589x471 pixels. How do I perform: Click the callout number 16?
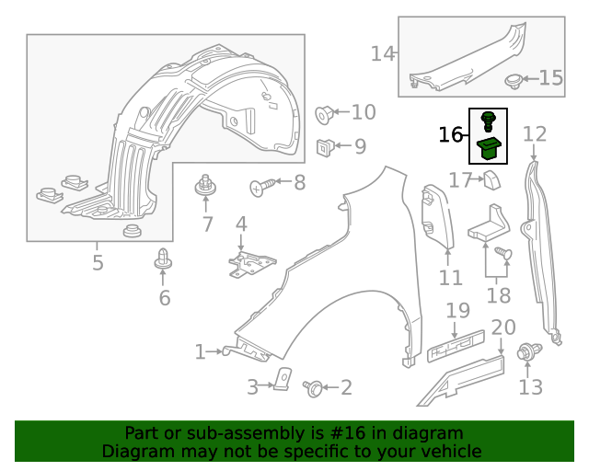[451, 135]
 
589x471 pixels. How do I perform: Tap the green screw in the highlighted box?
[488, 119]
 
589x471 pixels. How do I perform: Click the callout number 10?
[364, 112]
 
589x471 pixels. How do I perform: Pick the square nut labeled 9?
[326, 145]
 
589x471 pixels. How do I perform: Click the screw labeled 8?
[261, 186]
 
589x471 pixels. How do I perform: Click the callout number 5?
[98, 263]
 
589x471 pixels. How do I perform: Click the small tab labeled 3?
[283, 378]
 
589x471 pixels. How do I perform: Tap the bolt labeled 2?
[314, 388]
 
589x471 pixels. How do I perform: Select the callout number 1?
[200, 351]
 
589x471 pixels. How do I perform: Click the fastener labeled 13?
[529, 351]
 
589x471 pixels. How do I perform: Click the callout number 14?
[382, 53]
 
